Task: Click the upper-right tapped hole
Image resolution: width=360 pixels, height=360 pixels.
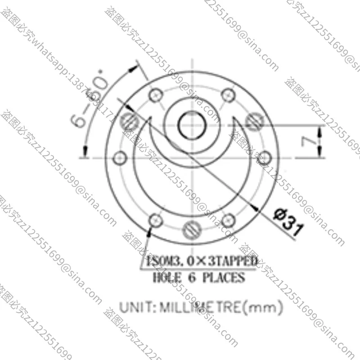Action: (228, 95)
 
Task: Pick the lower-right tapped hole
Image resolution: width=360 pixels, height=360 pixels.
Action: (228, 220)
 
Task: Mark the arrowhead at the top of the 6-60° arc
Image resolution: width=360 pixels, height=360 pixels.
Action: (133, 69)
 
